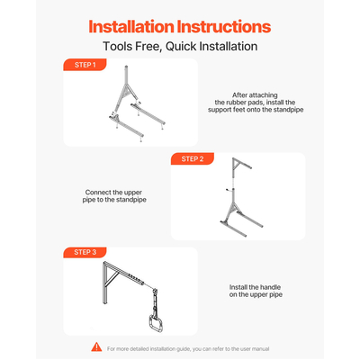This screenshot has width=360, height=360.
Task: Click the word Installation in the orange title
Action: [131, 27]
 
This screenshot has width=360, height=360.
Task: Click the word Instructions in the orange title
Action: [224, 27]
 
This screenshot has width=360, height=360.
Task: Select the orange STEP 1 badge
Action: [85, 65]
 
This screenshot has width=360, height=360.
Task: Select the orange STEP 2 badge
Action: [193, 158]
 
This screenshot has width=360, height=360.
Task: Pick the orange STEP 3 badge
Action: [85, 252]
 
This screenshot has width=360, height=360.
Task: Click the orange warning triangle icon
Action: [96, 347]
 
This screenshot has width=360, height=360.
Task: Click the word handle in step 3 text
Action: [271, 287]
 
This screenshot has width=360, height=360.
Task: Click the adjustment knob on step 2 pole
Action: [229, 190]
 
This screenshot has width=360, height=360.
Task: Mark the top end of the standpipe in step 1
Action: [127, 67]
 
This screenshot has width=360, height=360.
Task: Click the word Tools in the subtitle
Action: [118, 47]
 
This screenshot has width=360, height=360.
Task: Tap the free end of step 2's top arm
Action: [250, 167]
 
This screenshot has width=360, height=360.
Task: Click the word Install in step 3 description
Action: [238, 287]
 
